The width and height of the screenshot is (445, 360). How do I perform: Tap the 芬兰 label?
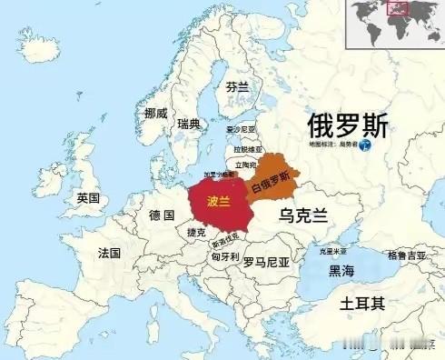point(237,87)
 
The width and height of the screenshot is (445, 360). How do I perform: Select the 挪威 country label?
point(155,114)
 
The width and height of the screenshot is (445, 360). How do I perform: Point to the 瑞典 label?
point(189,123)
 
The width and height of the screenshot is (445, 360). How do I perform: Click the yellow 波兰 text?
point(219,200)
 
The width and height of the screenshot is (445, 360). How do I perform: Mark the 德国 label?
point(161,215)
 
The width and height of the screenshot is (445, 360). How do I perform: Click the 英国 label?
point(88,198)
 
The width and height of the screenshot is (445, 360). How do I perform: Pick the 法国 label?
point(109,253)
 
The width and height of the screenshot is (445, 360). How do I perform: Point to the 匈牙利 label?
point(223,257)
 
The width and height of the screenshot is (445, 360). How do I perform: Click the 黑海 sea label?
point(342,270)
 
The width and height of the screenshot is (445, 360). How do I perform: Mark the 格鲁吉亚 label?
point(406,255)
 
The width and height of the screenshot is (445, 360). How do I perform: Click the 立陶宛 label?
point(245,165)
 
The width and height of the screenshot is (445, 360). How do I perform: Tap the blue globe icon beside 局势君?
point(365,145)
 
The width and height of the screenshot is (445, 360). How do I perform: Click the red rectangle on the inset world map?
point(396,10)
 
